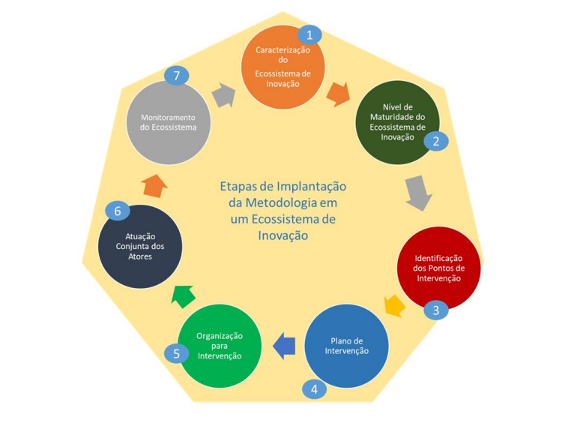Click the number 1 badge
pyautogui.click(x=309, y=34)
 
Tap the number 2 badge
pyautogui.click(x=435, y=140)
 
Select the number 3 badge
pyautogui.click(x=435, y=310)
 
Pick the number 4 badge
pyautogui.click(x=314, y=389)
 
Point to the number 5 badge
pyautogui.click(x=176, y=352)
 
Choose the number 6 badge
pyautogui.click(x=117, y=211)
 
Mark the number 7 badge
pyautogui.click(x=176, y=75)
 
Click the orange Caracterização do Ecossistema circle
pyautogui.click(x=283, y=67)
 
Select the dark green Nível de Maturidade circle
pyautogui.click(x=397, y=121)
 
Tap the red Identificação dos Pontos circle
pyautogui.click(x=438, y=268)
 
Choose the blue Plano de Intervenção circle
pyautogui.click(x=346, y=346)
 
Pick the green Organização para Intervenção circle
pyautogui.click(x=220, y=346)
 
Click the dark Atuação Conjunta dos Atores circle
pyautogui.click(x=140, y=247)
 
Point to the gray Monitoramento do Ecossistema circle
pyautogui.click(x=168, y=121)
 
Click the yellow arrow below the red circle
pyautogui.click(x=394, y=305)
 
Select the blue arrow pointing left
pyautogui.click(x=283, y=345)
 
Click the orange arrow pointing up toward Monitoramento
pyautogui.click(x=154, y=184)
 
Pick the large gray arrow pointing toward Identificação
pyautogui.click(x=418, y=193)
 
